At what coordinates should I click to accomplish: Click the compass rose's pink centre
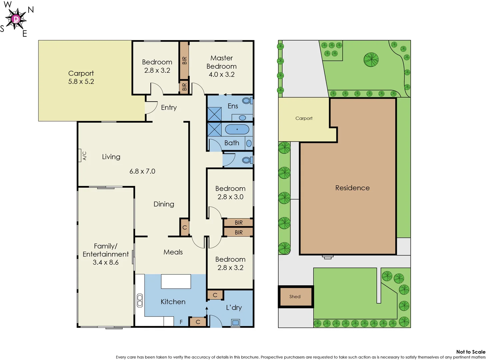pos(16,19)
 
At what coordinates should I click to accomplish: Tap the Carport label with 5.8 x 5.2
pos(81,77)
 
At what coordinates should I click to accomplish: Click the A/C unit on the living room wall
pos(80,156)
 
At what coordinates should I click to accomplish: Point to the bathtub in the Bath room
pos(237,129)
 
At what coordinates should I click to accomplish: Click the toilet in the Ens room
pos(247,101)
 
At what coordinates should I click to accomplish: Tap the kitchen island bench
pos(176,281)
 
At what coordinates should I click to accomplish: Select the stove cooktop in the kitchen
pos(140,300)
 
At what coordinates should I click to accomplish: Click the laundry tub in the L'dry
pos(236,322)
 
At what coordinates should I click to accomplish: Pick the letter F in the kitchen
pos(181,322)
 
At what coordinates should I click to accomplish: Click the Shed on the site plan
pos(295,297)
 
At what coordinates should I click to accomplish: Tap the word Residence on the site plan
pos(352,188)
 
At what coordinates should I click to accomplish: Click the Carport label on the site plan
pos(304,118)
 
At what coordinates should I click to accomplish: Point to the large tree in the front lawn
pos(371,60)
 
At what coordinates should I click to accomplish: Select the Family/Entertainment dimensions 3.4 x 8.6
pos(106,262)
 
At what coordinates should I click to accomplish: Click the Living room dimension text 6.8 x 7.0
pos(142,171)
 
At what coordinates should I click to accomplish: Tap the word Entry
pos(169,107)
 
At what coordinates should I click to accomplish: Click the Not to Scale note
pos(470,352)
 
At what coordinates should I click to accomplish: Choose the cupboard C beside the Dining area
pos(185,227)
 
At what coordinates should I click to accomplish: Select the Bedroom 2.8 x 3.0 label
pos(230,193)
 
